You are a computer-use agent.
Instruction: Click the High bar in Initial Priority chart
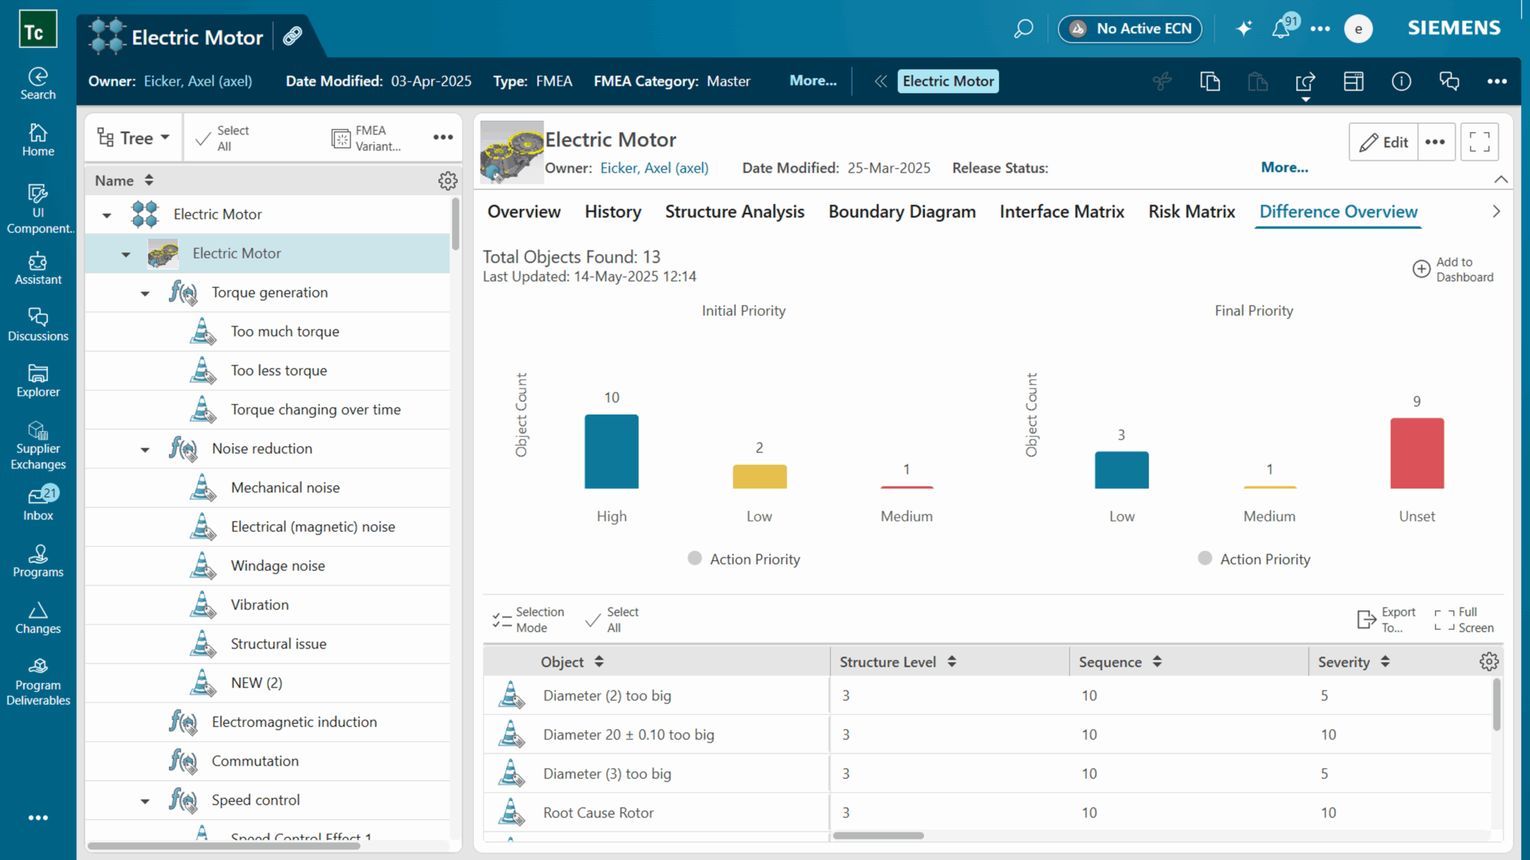tap(611, 451)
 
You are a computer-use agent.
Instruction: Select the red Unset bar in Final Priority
tap(1416, 454)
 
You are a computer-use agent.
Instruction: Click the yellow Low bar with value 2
tap(759, 477)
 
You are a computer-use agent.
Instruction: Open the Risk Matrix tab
tap(1192, 212)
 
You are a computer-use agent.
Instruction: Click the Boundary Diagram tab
tap(902, 212)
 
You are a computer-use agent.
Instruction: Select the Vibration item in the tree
tap(259, 604)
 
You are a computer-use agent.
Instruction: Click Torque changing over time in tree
tap(315, 409)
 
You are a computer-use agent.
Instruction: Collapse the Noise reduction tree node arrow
tap(145, 450)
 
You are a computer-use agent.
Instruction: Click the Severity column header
tap(1343, 662)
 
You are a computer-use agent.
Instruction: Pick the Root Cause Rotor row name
tap(598, 813)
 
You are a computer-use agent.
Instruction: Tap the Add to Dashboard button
tap(1453, 269)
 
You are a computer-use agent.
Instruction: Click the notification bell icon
tap(1281, 29)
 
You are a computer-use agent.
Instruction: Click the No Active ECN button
tap(1130, 29)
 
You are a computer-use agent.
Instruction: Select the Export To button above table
tap(1387, 619)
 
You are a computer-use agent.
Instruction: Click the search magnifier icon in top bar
tap(1023, 29)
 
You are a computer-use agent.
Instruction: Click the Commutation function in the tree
tap(255, 761)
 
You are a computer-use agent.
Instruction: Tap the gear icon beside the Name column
tap(447, 181)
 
